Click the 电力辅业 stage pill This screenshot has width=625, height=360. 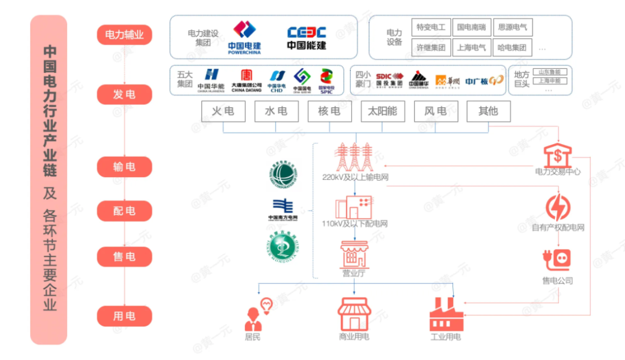124,35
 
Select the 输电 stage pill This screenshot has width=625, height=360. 124,167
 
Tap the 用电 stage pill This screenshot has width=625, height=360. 124,316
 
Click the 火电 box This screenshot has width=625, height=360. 223,112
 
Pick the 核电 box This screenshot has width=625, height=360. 329,112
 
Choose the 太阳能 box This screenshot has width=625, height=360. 383,112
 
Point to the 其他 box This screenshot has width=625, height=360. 488,112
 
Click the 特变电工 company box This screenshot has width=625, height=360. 431,27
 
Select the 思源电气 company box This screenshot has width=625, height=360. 512,27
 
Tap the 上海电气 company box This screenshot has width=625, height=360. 471,48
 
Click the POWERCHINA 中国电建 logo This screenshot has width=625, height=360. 244,37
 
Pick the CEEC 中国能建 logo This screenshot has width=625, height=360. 306,37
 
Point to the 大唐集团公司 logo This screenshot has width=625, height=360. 247,80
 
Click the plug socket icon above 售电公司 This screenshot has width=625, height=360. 557,260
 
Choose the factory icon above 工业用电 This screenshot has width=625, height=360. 446,314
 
